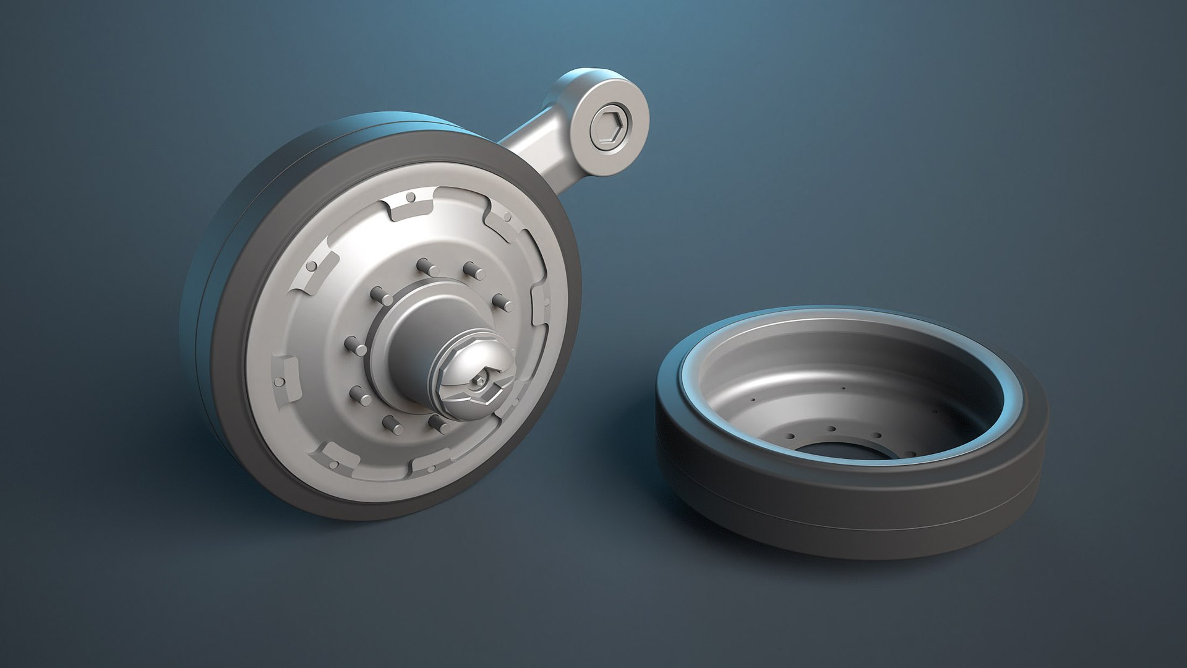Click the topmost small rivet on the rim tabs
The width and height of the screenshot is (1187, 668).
pyautogui.click(x=409, y=198)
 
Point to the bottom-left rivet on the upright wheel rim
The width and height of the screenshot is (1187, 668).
pyautogui.click(x=334, y=464)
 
